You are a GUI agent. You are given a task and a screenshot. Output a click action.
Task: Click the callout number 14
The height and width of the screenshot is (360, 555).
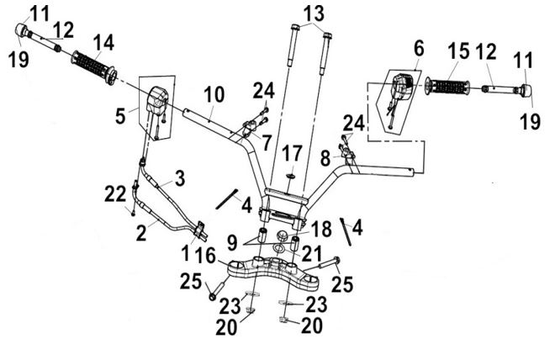103,43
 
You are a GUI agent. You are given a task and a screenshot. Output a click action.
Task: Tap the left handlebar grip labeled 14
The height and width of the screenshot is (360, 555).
94,67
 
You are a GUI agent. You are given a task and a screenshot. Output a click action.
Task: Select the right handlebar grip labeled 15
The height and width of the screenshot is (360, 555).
447,87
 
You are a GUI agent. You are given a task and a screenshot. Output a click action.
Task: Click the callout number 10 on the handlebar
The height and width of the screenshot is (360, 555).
214,94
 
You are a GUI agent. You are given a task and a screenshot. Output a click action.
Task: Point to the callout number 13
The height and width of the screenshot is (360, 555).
314,13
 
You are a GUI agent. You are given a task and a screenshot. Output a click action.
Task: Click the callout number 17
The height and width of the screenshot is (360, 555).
292,153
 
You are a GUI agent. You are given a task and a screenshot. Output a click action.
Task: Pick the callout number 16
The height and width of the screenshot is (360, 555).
205,255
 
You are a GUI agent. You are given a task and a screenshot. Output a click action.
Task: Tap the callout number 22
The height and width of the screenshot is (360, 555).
115,194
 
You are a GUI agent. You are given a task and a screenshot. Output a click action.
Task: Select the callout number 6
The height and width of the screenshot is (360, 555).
419,48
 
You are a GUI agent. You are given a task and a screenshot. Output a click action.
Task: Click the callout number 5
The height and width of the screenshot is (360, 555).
120,115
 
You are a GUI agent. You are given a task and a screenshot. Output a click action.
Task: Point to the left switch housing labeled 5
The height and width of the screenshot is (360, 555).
158,103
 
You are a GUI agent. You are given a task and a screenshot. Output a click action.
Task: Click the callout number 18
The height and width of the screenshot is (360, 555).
320,229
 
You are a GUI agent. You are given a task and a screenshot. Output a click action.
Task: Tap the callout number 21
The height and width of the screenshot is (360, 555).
311,253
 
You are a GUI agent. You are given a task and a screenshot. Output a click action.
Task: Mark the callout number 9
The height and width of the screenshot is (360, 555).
232,243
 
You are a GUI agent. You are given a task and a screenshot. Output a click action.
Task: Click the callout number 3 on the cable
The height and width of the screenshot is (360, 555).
180,178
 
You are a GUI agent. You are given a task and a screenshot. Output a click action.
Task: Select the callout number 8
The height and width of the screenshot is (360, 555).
325,159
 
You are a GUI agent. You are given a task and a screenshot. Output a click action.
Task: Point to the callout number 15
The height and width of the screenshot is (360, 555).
458,50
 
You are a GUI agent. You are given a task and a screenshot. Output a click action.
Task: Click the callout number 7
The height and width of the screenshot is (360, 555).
267,142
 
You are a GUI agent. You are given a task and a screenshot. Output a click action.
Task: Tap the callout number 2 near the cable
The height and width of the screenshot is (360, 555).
141,233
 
